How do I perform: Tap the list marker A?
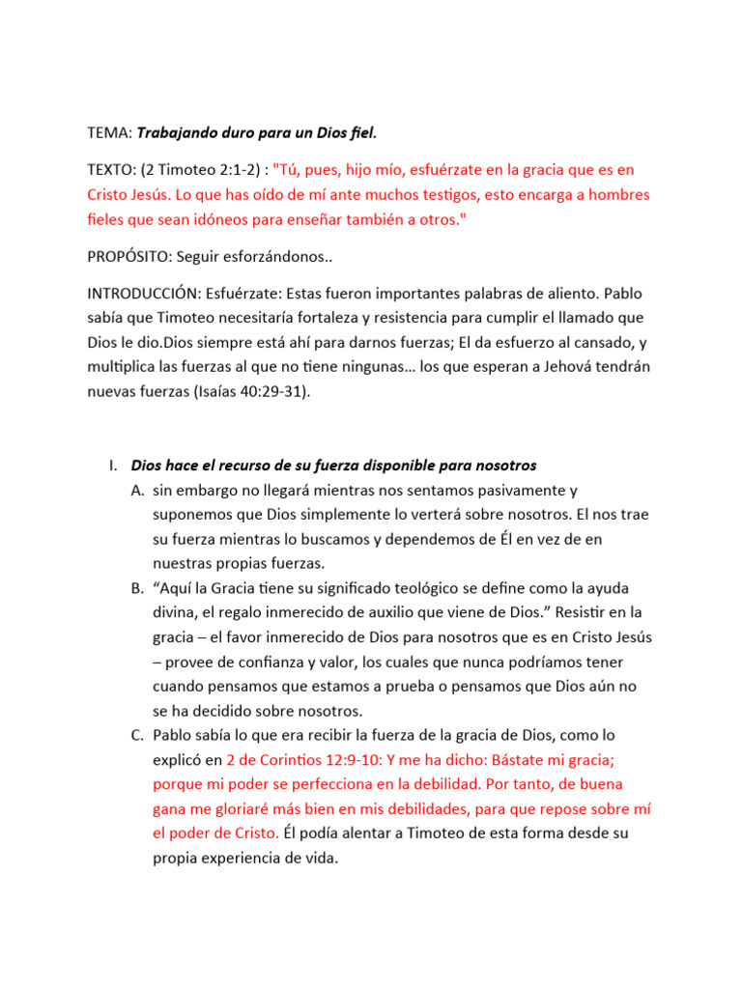click(137, 491)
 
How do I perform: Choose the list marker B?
click(137, 588)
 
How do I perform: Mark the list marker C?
click(137, 736)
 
